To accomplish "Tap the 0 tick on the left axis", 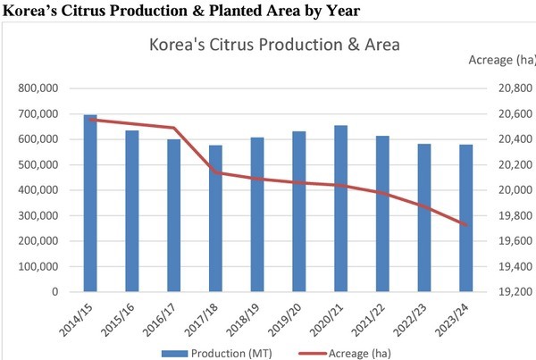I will (x=54, y=291).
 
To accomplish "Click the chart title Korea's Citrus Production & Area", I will (x=273, y=44).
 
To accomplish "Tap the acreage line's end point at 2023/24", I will (x=465, y=224).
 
